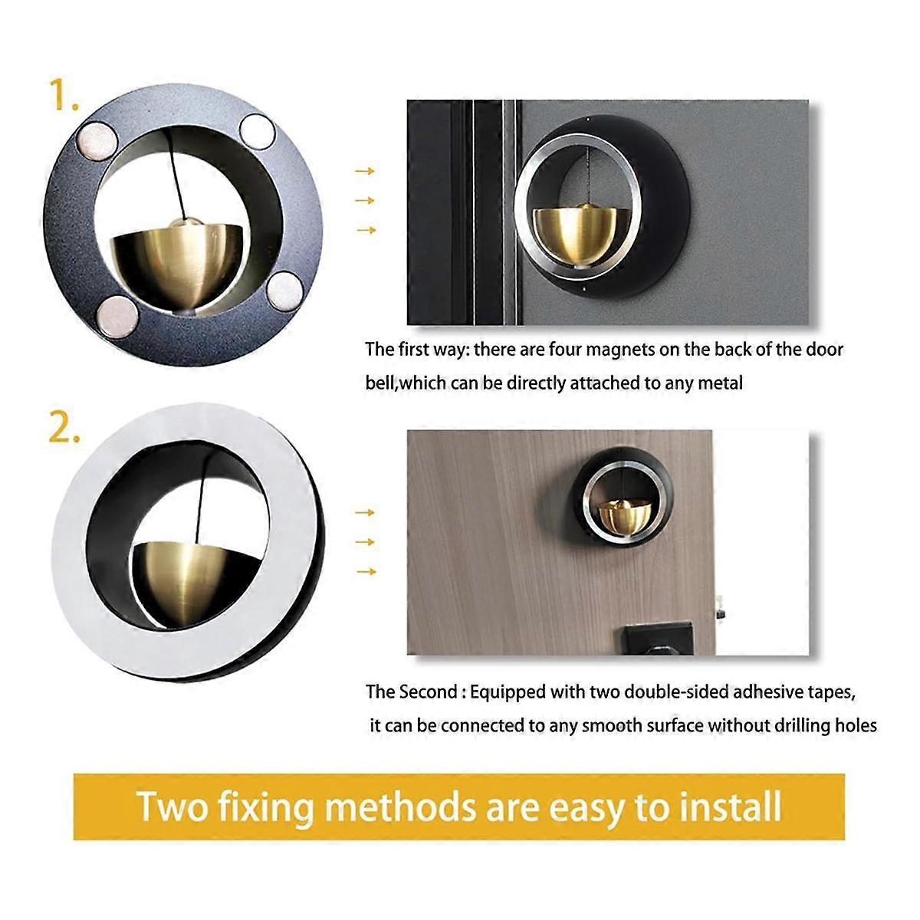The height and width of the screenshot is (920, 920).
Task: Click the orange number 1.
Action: tap(63, 96)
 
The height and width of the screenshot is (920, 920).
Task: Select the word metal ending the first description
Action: tap(720, 383)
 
